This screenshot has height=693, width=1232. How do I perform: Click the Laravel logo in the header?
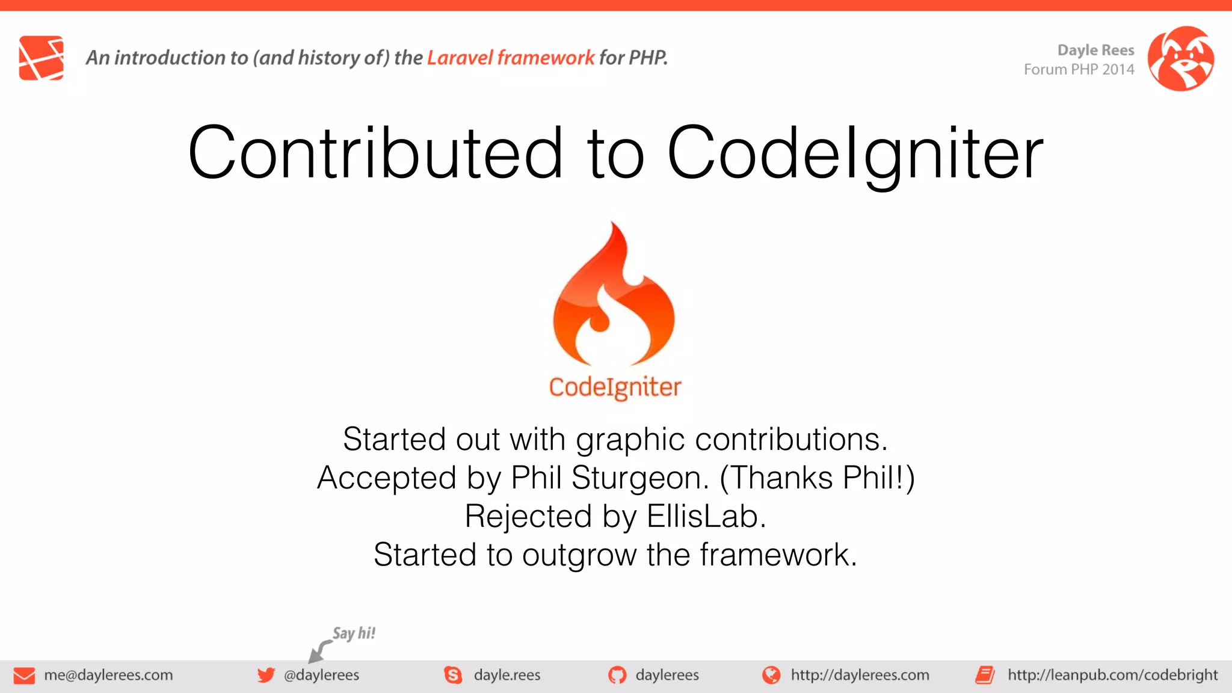[x=41, y=58]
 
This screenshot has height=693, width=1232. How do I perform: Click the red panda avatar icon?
[x=1180, y=58]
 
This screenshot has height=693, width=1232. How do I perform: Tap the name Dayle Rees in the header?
[x=1095, y=50]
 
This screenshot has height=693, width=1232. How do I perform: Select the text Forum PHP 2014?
[x=1079, y=70]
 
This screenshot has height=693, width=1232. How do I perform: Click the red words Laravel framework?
[x=510, y=58]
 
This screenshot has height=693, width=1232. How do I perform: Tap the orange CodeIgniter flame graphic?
[x=614, y=295]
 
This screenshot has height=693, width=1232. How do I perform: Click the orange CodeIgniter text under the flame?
[x=615, y=387]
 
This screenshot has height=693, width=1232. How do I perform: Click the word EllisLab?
[x=706, y=517]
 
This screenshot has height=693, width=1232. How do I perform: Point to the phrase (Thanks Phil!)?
[x=817, y=478]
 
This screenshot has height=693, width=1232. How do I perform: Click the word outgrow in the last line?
[x=579, y=555]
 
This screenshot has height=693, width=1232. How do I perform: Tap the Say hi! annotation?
[x=354, y=633]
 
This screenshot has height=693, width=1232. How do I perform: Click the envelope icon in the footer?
[x=24, y=676]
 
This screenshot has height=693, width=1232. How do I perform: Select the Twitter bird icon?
[x=266, y=675]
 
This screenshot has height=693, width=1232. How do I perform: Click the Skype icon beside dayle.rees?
[x=453, y=675]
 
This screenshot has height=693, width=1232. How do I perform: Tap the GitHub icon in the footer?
[x=617, y=675]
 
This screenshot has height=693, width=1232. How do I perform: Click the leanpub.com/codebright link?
[x=1112, y=675]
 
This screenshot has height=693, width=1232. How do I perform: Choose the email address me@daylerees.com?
[x=108, y=675]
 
